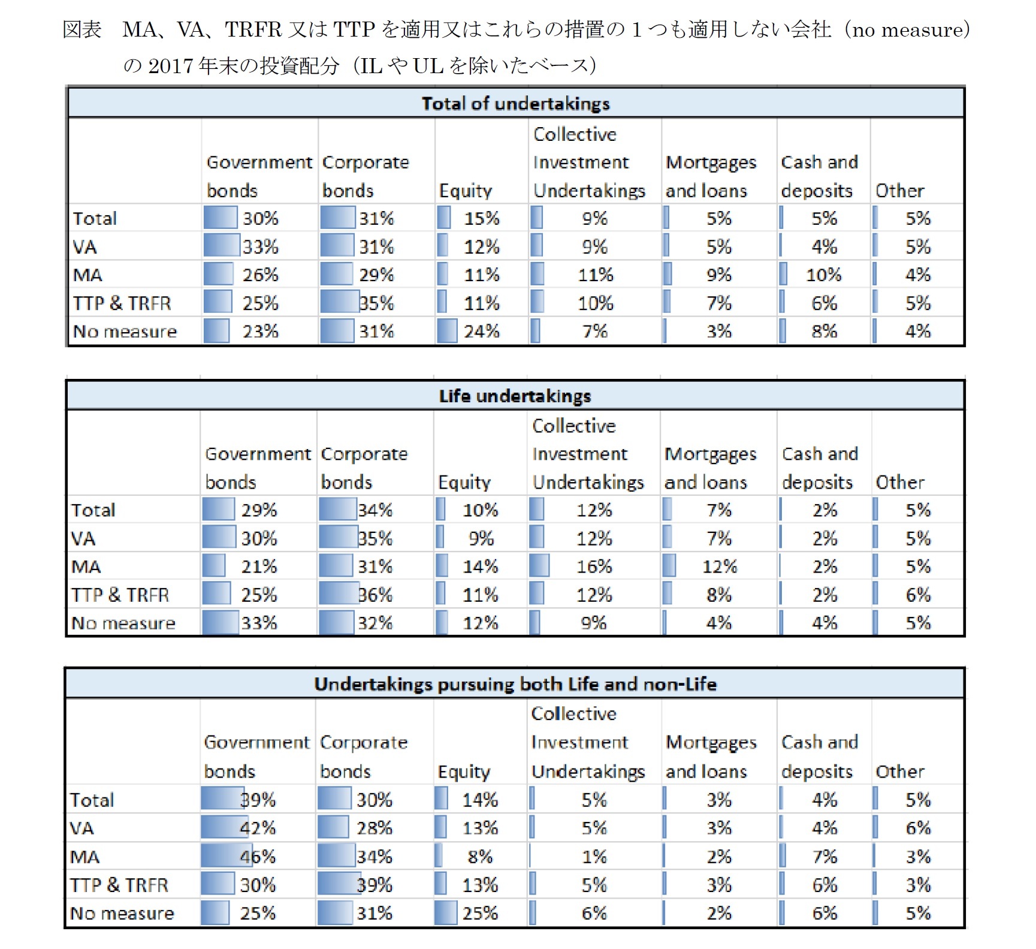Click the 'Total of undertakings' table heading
515,104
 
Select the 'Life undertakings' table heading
515,396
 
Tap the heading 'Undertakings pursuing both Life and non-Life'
515,684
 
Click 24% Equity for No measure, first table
481,331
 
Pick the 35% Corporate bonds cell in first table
376,303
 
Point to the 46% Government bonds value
258,856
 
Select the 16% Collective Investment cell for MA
594,566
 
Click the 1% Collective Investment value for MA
594,856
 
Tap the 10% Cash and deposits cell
823,275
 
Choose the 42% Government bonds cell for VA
258,828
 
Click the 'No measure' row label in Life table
123,623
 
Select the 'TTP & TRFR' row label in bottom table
119,885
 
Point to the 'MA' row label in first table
87,275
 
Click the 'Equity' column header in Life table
464,482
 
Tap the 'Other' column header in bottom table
899,771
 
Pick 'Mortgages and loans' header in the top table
711,176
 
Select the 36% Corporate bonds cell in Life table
375,595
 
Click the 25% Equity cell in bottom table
479,913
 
